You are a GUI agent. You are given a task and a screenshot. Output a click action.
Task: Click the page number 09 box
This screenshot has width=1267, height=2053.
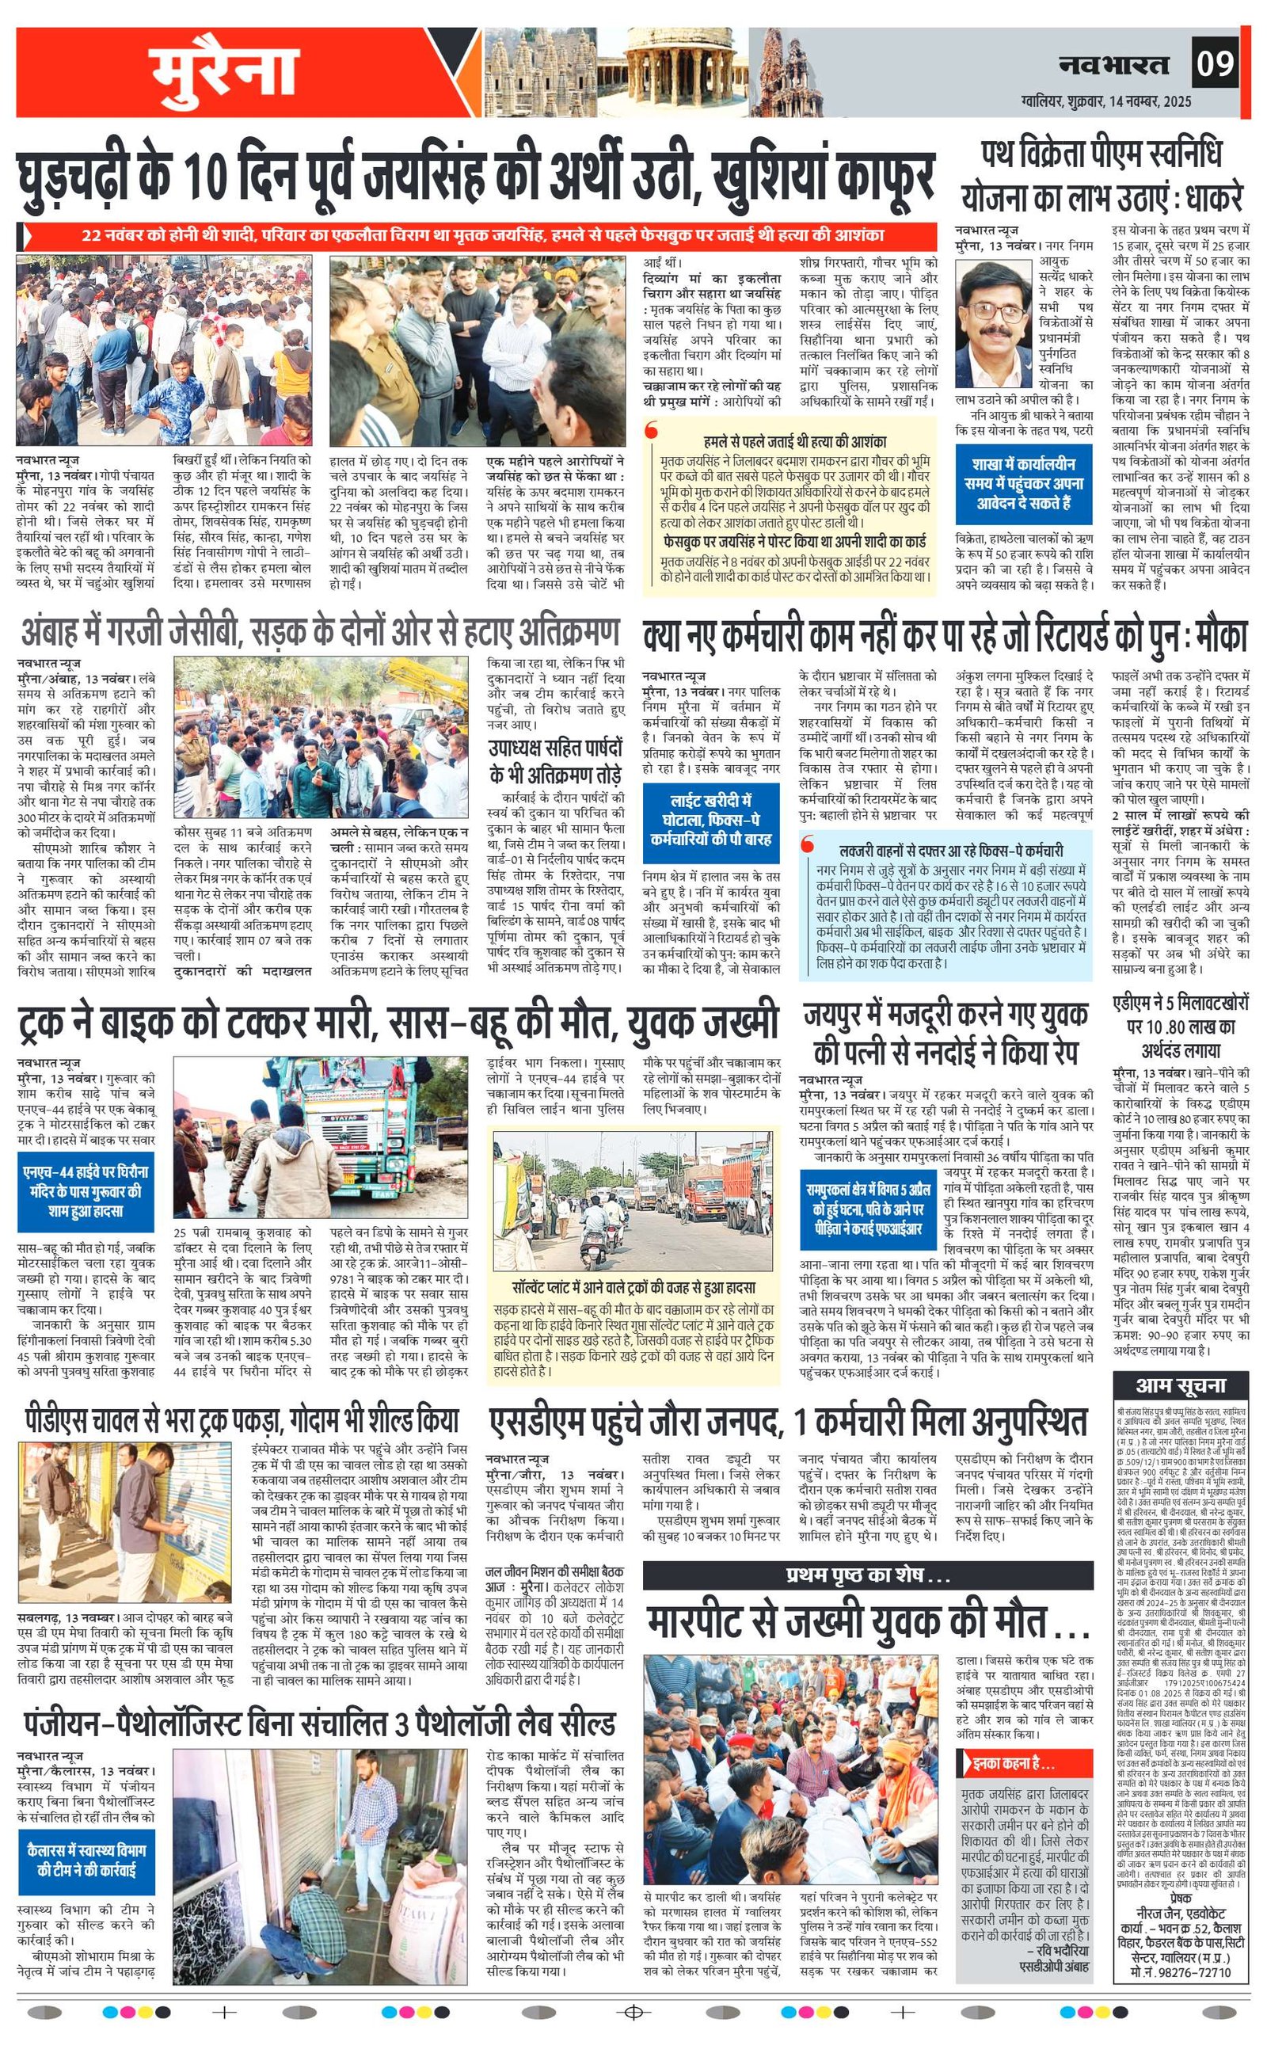[1214, 63]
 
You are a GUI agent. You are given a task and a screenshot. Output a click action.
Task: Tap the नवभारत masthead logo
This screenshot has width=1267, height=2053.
[1113, 64]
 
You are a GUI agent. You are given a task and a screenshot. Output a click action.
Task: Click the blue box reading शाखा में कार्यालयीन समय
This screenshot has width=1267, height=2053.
[1023, 483]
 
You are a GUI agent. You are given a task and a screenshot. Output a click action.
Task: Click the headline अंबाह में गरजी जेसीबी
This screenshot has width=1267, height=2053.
[320, 631]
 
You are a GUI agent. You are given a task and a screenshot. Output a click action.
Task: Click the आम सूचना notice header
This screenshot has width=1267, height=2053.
[1180, 1386]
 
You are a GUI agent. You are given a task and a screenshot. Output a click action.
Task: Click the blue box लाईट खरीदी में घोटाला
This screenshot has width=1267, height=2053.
[711, 820]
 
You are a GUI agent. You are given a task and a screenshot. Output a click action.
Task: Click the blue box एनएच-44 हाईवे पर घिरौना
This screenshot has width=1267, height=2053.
[86, 1192]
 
